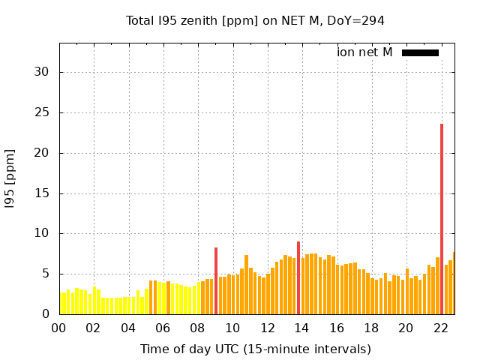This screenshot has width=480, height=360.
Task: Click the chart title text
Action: coord(255,20)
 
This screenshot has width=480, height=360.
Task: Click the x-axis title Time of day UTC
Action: coord(255,349)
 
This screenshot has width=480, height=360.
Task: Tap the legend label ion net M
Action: coord(364,52)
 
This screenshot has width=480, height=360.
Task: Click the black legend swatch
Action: coord(420,52)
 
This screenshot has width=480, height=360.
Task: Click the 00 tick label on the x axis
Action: coord(58,328)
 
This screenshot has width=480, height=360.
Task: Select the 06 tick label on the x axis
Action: coord(163,328)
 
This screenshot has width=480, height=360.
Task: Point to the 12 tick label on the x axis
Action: coord(267,328)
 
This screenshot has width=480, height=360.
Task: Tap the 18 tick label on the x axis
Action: coord(371,328)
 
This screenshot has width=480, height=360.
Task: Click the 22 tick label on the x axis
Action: coord(441,328)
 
